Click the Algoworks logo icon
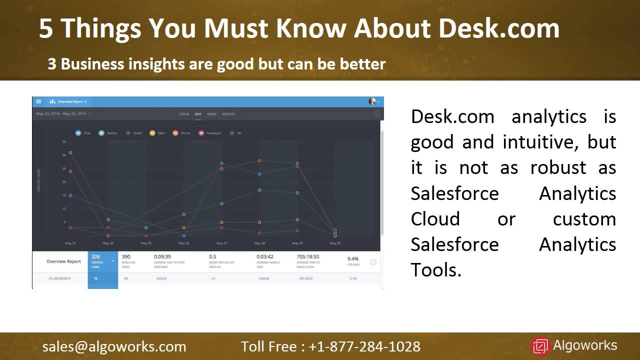[x=540, y=346]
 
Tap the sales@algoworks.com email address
[x=114, y=346]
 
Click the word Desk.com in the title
[x=498, y=29]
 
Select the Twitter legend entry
[x=108, y=133]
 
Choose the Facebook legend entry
[x=209, y=133]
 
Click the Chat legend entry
[x=83, y=133]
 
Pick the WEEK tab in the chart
[x=212, y=114]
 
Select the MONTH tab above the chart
[x=228, y=114]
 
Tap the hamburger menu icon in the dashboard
[x=38, y=101]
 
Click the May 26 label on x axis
[x=184, y=243]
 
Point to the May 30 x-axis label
[x=335, y=243]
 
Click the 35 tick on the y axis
[x=64, y=141]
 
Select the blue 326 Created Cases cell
[x=102, y=261]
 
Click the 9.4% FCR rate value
[x=353, y=259]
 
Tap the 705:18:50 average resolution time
[x=307, y=256]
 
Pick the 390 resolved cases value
[x=126, y=256]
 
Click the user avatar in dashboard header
[x=372, y=101]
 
